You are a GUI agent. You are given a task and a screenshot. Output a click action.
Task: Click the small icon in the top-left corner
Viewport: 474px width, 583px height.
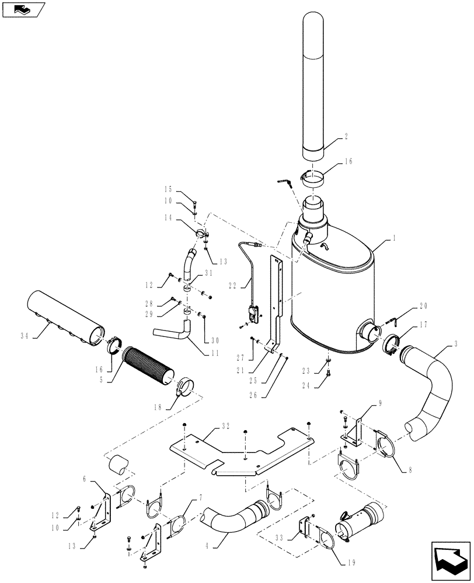(x=22, y=9)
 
